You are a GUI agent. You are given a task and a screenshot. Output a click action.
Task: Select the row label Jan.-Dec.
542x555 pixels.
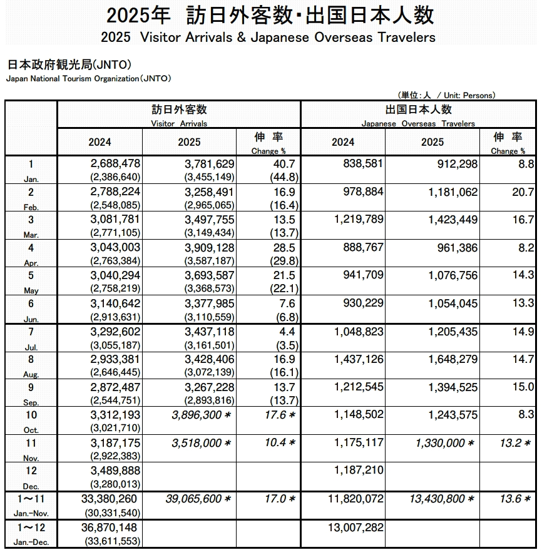[x=31, y=542]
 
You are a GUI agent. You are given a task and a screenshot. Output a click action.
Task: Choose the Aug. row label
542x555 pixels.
[x=31, y=374]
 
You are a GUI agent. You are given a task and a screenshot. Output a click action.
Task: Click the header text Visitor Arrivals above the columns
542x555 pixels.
[x=179, y=123]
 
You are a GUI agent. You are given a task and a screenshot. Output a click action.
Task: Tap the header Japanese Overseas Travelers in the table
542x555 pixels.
[x=418, y=123]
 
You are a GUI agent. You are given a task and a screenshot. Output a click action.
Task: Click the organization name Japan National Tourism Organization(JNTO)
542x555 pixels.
[x=88, y=79]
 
